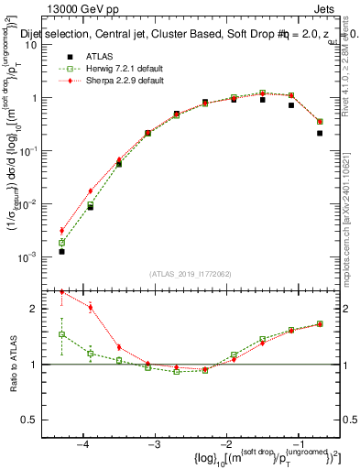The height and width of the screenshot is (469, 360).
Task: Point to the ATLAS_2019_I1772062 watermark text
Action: [190, 273]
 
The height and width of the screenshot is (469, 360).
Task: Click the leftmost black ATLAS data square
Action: [61, 251]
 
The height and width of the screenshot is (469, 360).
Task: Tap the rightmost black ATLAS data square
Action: [320, 133]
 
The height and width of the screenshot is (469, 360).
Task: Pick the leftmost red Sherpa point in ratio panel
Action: [61, 291]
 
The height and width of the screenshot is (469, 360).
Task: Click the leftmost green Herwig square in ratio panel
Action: [61, 334]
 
